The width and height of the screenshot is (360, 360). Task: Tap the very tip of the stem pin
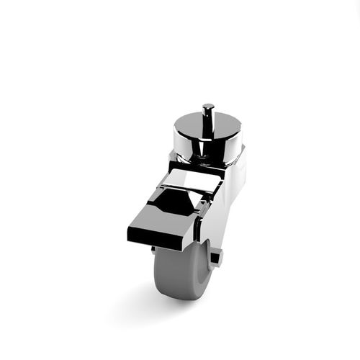click(x=208, y=106)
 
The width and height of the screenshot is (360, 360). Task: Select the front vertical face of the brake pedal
click(x=160, y=237)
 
